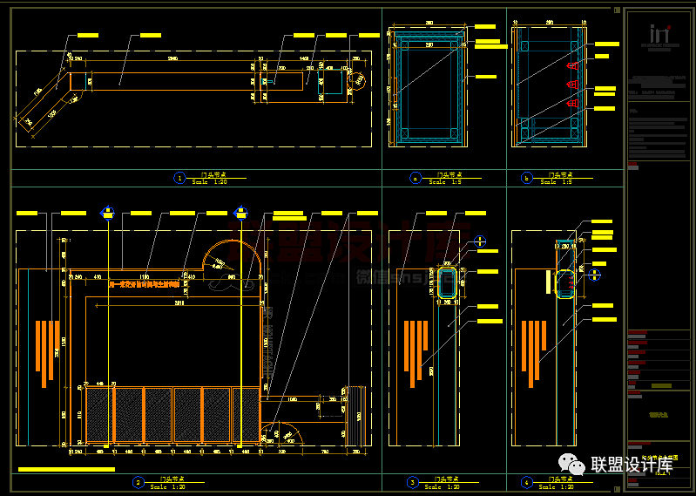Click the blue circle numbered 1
179,178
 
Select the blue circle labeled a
416,178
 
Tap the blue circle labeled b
526,178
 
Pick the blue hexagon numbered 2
137,482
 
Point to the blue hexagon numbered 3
413,482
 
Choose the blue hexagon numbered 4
526,482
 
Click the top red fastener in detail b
572,66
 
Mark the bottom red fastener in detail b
572,104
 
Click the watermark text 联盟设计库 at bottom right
632,465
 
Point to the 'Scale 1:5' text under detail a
438,182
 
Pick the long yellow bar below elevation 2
66,470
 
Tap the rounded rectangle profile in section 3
449,283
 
